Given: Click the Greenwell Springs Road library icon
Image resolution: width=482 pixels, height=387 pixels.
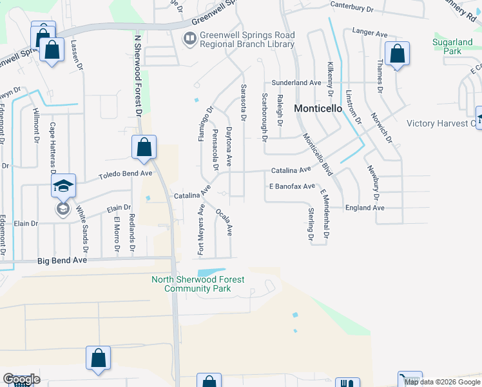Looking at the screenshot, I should pyautogui.click(x=189, y=39).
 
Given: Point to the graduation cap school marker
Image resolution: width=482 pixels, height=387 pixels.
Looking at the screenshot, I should pyautogui.click(x=64, y=186).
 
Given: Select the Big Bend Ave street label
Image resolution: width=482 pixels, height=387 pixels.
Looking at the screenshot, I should pyautogui.click(x=62, y=261).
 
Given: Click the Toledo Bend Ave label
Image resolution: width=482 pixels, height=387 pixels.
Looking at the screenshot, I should pyautogui.click(x=125, y=174).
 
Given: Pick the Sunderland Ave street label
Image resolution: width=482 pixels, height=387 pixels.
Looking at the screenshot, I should pyautogui.click(x=296, y=83).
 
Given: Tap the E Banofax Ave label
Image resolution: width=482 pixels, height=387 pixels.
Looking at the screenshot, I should pyautogui.click(x=291, y=186).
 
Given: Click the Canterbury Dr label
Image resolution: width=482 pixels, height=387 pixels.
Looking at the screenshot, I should pyautogui.click(x=352, y=8).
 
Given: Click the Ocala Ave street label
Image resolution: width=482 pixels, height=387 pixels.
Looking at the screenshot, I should pyautogui.click(x=224, y=221).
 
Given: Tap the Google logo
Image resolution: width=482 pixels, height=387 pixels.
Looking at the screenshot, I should pyautogui.click(x=21, y=379).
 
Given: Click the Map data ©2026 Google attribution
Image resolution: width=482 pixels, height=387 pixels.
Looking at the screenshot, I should pyautogui.click(x=442, y=382).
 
